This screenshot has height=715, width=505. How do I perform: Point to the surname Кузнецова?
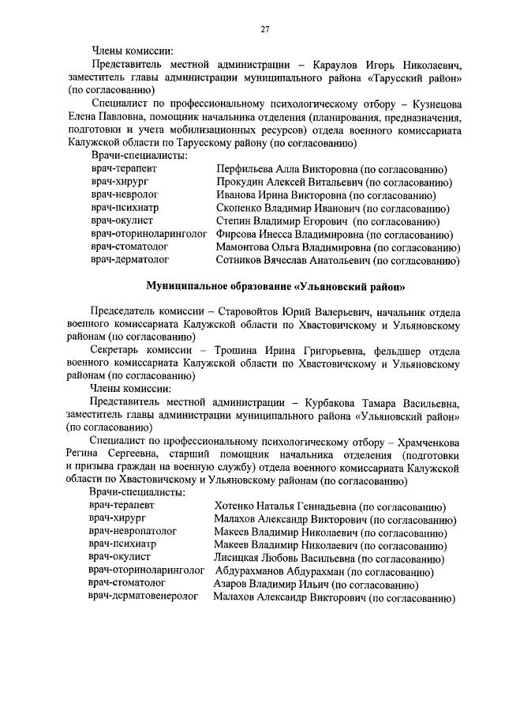(432, 105)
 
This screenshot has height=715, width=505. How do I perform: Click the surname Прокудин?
(239, 183)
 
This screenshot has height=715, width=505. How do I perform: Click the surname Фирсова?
(237, 235)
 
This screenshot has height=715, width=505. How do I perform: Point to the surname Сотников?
(241, 261)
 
